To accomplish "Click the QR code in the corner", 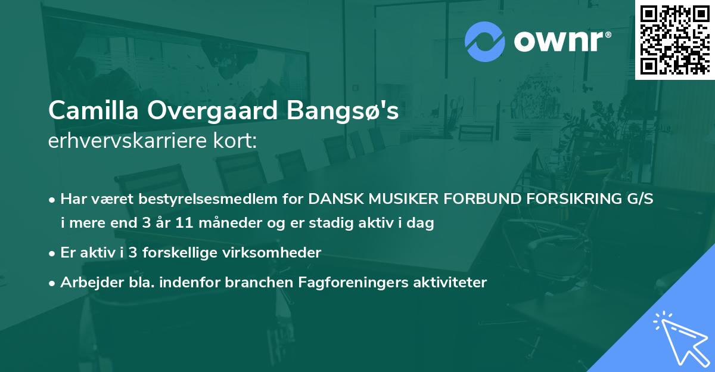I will coord(674,40).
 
